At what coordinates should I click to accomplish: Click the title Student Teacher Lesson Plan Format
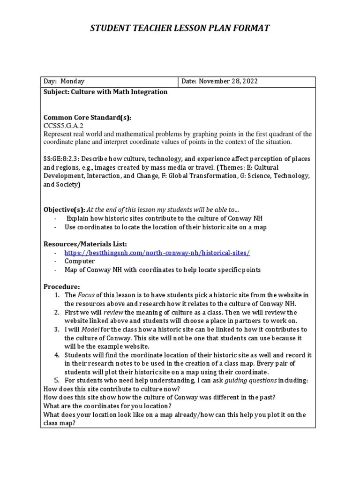[x=180, y=29]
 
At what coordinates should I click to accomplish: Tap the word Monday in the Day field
[x=72, y=82]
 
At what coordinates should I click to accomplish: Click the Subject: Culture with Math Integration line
[x=105, y=92]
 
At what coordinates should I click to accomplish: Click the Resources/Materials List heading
[x=85, y=244]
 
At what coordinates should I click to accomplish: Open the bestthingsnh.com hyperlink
[x=157, y=253]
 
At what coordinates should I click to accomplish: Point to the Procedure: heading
[x=62, y=286]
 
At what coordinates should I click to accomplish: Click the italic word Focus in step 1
[x=86, y=295]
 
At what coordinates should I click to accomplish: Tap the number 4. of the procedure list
[x=56, y=355]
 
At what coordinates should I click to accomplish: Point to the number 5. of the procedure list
[x=56, y=380]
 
